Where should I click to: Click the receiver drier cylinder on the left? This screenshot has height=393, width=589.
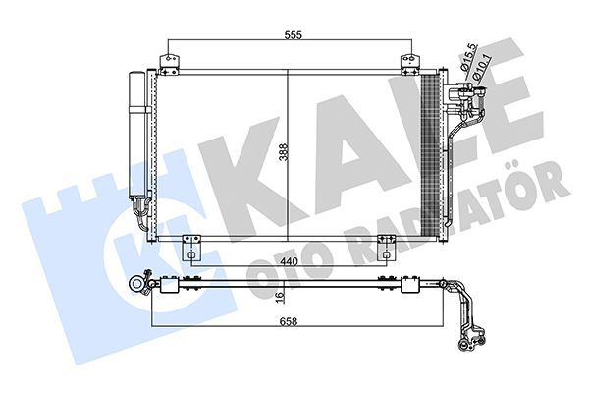tap(135, 138)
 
